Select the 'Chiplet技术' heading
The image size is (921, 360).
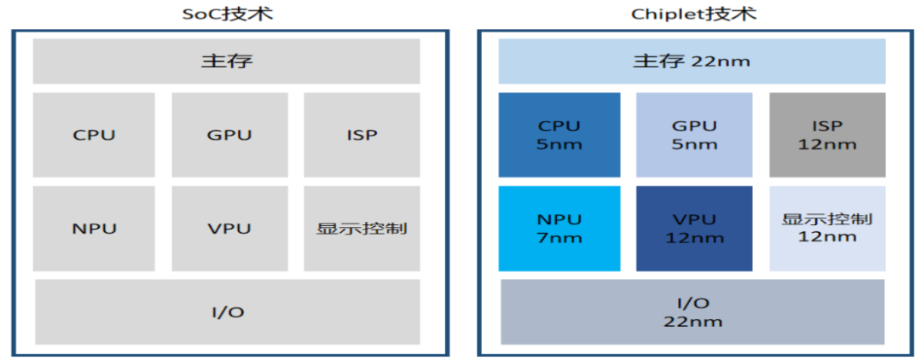[x=692, y=14]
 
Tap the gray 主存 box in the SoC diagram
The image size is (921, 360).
[x=227, y=61]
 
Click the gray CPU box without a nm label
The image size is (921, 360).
[x=94, y=135]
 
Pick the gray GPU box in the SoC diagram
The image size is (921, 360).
[x=229, y=135]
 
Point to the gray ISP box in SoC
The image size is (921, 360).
[x=362, y=135]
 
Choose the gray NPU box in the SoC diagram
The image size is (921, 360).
[x=94, y=229]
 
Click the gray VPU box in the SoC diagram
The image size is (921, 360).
[x=229, y=229]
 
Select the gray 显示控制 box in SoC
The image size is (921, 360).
[x=362, y=229]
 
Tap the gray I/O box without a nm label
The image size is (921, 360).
[x=227, y=311]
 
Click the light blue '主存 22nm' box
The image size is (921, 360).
[x=692, y=61]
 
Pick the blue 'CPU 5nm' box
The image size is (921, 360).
[x=559, y=135]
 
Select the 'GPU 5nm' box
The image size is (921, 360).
[x=694, y=135]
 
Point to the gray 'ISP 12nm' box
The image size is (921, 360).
[x=827, y=135]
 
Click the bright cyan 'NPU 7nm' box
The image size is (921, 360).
[x=559, y=229]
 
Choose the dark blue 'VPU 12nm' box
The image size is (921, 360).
[x=694, y=229]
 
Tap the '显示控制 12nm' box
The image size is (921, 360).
[x=827, y=229]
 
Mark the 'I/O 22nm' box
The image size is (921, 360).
[x=692, y=311]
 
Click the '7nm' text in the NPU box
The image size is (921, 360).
[x=559, y=238]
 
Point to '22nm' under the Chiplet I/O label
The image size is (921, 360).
[x=692, y=322]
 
